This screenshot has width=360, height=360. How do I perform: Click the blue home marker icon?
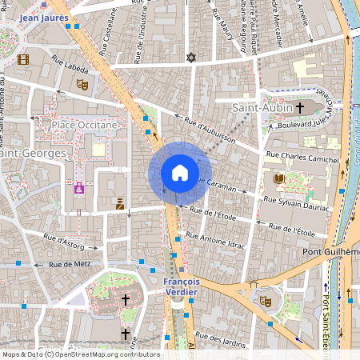click(x=180, y=173)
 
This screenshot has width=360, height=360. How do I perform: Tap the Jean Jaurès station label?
click(x=43, y=16)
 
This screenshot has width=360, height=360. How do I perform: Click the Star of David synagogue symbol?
click(x=190, y=58)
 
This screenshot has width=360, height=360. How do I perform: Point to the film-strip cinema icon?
click(x=23, y=59)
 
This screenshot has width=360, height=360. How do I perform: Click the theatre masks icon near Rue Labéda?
click(x=81, y=83)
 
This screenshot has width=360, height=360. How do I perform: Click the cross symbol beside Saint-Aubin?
click(x=301, y=107)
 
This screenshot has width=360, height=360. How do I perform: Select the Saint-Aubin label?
click(x=259, y=107)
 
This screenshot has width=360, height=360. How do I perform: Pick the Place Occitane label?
click(x=84, y=125)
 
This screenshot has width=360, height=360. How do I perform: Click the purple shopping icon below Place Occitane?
click(x=79, y=188)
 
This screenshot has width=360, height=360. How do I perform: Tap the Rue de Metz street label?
click(x=68, y=264)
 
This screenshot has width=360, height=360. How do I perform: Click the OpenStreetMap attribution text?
click(x=80, y=354)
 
